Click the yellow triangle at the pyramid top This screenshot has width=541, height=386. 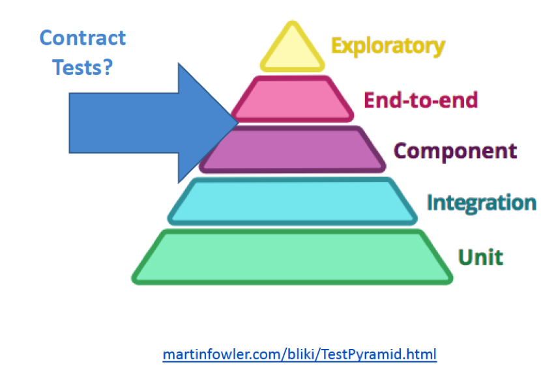pos(292,51)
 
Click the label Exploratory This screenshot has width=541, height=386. pos(388,46)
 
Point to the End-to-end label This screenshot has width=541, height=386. pos(420,100)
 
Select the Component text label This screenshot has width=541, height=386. pos(455,150)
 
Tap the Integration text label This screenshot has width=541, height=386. pos(481,202)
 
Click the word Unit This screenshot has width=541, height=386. pos(480,256)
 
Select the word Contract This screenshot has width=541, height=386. pos(83,37)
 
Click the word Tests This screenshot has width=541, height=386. pos(77,66)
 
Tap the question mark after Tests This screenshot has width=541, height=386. pos(108,66)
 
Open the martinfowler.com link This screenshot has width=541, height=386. pos(299,355)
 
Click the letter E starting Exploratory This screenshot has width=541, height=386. pos(337,46)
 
